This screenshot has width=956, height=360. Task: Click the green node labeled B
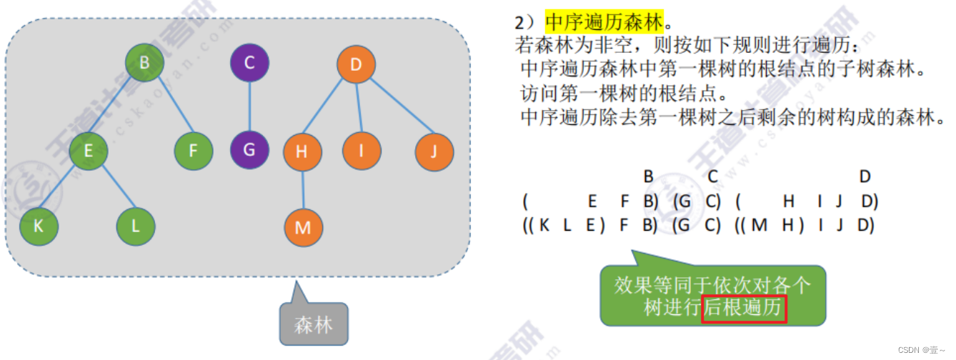click(x=144, y=63)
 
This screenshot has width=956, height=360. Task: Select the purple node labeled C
click(x=249, y=63)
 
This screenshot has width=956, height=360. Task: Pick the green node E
click(x=89, y=151)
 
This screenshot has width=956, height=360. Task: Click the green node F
click(x=193, y=151)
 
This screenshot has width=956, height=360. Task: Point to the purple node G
click(x=249, y=151)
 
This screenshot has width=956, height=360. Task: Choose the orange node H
click(x=302, y=151)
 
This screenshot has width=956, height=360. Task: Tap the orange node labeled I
click(x=362, y=151)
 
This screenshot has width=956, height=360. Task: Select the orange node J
click(x=434, y=151)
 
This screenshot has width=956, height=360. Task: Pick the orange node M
click(x=303, y=228)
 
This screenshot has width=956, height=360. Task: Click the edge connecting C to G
click(x=249, y=107)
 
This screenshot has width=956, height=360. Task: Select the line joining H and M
click(x=302, y=189)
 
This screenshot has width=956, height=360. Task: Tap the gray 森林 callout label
click(x=313, y=324)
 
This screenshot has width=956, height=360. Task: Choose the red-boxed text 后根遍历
click(x=745, y=309)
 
